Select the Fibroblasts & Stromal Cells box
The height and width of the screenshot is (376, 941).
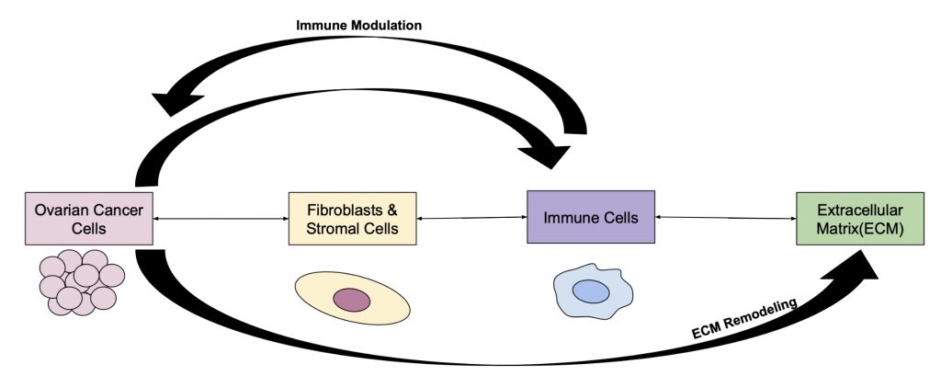click(352, 219)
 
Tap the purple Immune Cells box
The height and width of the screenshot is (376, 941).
click(590, 217)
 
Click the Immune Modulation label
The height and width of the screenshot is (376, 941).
click(358, 26)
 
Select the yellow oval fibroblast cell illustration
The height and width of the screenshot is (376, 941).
click(352, 299)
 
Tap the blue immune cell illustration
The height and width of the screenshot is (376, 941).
click(590, 292)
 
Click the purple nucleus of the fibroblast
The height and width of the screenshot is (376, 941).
click(351, 300)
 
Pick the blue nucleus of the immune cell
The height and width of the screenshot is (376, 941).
click(591, 291)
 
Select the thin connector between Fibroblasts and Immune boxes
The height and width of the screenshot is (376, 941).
click(470, 219)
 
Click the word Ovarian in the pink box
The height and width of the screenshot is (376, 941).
click(63, 210)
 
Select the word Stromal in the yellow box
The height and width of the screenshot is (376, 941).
click(334, 228)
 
